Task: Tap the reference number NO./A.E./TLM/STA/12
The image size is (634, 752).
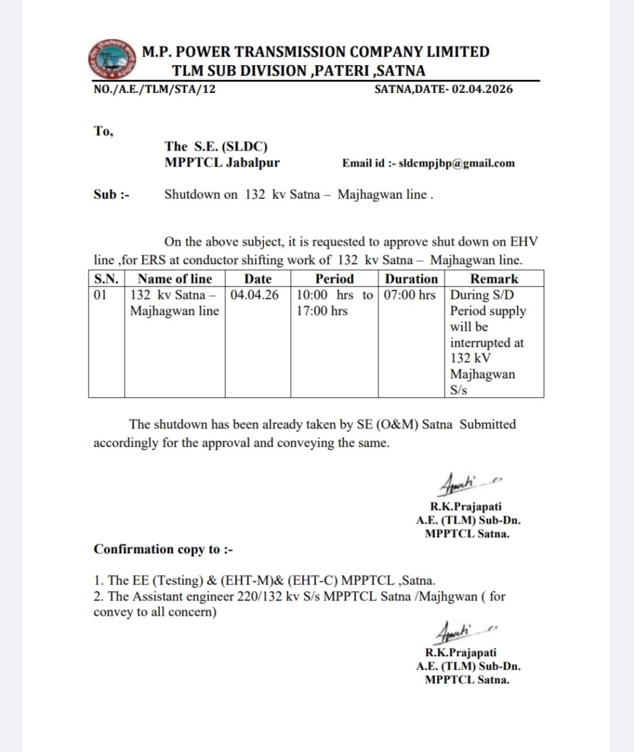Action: click(x=155, y=89)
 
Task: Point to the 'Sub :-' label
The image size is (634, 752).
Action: click(x=111, y=195)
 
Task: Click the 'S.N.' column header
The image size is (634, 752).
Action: click(x=106, y=279)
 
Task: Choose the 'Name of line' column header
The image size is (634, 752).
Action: click(x=175, y=279)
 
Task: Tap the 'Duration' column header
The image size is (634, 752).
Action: click(x=411, y=279)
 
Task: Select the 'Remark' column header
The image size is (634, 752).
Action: click(x=493, y=279)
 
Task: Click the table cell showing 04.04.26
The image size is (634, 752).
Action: click(x=254, y=295)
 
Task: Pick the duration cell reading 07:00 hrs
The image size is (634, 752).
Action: click(x=410, y=295)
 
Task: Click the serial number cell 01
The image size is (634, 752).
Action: click(x=100, y=295)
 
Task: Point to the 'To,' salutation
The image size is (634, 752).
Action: click(x=103, y=131)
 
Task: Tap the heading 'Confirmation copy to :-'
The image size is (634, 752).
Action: click(x=163, y=550)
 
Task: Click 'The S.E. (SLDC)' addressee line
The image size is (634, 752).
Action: click(x=216, y=147)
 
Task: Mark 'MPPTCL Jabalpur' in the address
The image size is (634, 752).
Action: click(x=222, y=163)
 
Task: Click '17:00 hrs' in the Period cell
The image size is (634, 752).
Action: click(x=322, y=311)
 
